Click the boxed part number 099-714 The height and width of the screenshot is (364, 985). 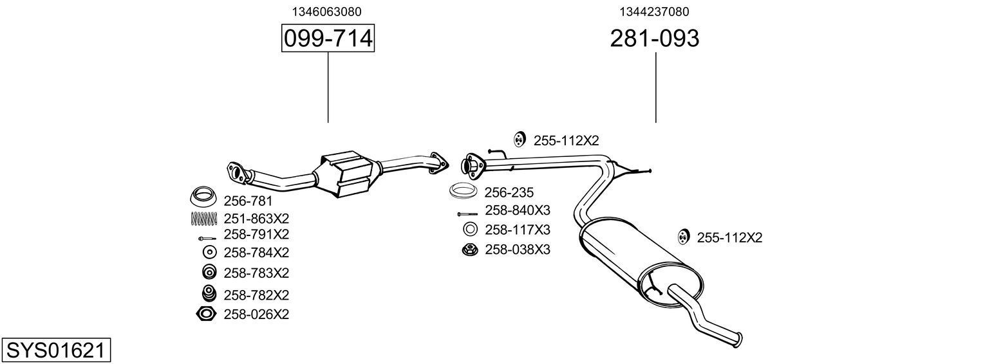pyautogui.click(x=328, y=39)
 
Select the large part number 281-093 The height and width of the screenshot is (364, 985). pyautogui.click(x=654, y=39)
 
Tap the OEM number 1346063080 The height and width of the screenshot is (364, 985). pyautogui.click(x=326, y=12)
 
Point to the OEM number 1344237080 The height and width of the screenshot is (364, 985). pyautogui.click(x=654, y=12)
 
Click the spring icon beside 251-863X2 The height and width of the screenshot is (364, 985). pyautogui.click(x=204, y=218)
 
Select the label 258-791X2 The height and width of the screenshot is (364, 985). pyautogui.click(x=256, y=234)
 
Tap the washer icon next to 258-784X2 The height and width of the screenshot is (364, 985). pyautogui.click(x=209, y=252)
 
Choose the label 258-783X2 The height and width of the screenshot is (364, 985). pyautogui.click(x=256, y=273)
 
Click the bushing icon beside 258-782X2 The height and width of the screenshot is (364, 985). pyautogui.click(x=209, y=293)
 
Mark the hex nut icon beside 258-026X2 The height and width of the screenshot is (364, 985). pyautogui.click(x=205, y=314)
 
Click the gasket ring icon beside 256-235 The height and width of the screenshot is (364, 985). pyautogui.click(x=463, y=192)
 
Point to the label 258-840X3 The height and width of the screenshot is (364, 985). pyautogui.click(x=518, y=210)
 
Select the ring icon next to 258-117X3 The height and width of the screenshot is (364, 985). pyautogui.click(x=470, y=229)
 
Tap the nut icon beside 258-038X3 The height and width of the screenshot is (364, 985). pyautogui.click(x=469, y=250)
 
